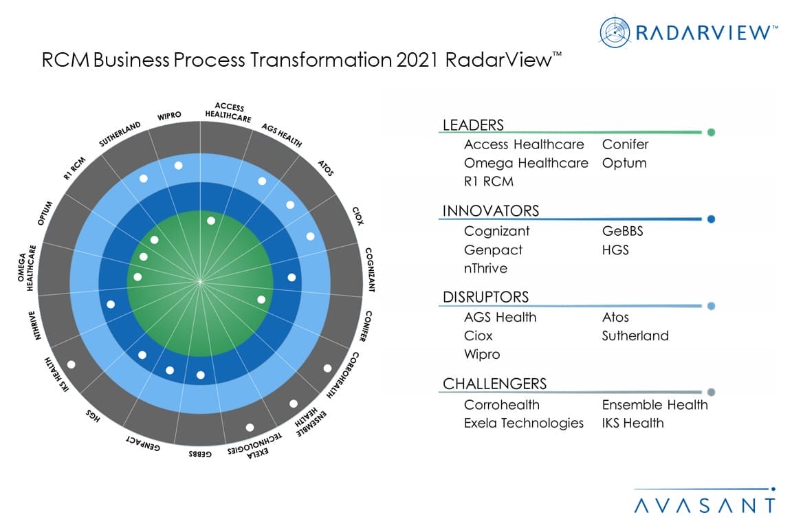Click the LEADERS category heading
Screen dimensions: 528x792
pyautogui.click(x=473, y=125)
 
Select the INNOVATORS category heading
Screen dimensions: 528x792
pyautogui.click(x=490, y=211)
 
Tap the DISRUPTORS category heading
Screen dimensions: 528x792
pyautogui.click(x=485, y=297)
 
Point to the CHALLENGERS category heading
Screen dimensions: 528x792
pyautogui.click(x=494, y=384)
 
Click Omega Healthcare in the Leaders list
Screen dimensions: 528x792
pyautogui.click(x=526, y=163)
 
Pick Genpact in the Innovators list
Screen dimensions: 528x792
pyautogui.click(x=493, y=250)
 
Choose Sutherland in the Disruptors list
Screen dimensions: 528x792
pyautogui.click(x=635, y=335)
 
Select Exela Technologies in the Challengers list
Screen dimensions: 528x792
pyautogui.click(x=523, y=423)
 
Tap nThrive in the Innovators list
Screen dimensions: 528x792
pyautogui.click(x=485, y=268)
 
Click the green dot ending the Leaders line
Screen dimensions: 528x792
pyautogui.click(x=711, y=133)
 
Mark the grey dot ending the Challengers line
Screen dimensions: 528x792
pyautogui.click(x=711, y=393)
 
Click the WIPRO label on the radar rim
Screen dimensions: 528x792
pyautogui.click(x=169, y=116)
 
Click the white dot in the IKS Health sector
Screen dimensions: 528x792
pyautogui.click(x=71, y=364)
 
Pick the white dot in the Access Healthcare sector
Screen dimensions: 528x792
pyautogui.click(x=210, y=221)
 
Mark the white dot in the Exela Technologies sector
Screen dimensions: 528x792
pyautogui.click(x=250, y=428)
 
